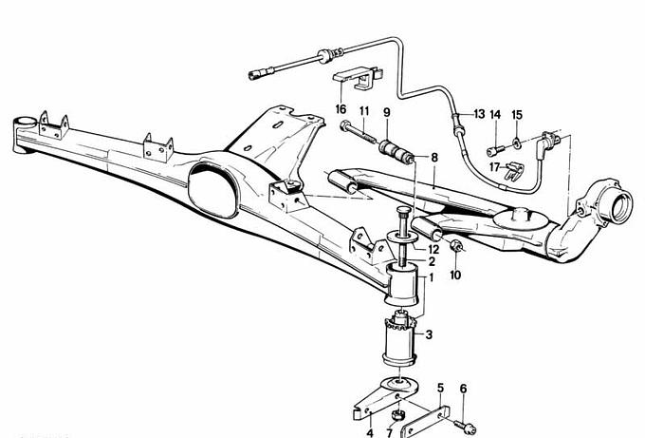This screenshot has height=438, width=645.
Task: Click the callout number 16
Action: click(x=341, y=109)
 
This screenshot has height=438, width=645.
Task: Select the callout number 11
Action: click(x=363, y=112)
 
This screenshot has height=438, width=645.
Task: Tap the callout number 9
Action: click(x=386, y=112)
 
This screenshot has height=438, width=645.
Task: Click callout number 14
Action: click(x=495, y=114)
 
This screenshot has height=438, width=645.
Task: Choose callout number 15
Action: click(x=517, y=114)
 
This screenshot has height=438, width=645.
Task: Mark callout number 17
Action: click(x=493, y=167)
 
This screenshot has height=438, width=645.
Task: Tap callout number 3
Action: click(x=430, y=334)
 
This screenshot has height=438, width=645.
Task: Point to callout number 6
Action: click(x=463, y=388)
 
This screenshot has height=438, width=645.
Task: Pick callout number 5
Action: click(x=440, y=388)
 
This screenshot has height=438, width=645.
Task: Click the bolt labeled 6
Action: click(x=461, y=425)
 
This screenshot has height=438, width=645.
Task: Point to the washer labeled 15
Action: click(x=516, y=144)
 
